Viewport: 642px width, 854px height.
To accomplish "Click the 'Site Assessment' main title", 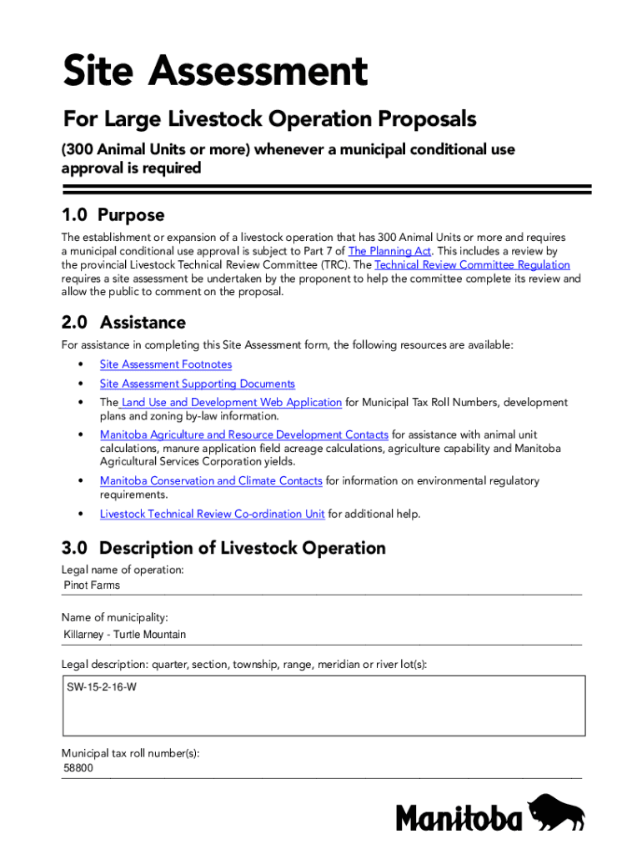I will pos(215,72).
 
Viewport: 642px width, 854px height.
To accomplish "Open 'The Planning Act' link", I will pos(389,251).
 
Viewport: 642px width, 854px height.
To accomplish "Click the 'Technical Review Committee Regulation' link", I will pos(473,265).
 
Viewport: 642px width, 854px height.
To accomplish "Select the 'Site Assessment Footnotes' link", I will pos(166,364).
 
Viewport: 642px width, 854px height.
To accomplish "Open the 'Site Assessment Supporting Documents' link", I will pos(198,384).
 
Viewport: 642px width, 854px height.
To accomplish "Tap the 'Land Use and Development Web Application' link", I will pos(231,403).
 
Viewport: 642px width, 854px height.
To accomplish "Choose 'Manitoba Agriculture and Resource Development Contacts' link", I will pos(244,435).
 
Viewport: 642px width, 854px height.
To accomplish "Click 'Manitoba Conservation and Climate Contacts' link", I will pos(211,481).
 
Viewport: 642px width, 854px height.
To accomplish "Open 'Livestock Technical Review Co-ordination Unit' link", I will pos(213,514).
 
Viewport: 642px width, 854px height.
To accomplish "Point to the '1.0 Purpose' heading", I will pos(113,215).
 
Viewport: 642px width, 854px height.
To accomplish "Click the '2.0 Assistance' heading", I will pos(123,322).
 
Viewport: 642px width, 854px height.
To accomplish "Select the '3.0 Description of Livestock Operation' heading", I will pos(223,548).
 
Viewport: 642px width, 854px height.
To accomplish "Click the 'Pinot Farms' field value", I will pos(92,585).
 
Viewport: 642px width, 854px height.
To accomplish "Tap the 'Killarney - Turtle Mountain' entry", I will pos(125,635).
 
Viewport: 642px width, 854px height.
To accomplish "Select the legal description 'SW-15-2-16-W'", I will pos(102,688).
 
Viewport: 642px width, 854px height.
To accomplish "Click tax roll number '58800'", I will pos(78,768).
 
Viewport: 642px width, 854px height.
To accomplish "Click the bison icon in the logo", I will pos(557,812).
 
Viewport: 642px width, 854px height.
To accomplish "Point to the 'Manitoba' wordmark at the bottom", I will pos(459,817).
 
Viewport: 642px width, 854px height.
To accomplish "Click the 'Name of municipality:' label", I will pos(115,618).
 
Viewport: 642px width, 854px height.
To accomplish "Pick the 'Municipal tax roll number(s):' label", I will pos(131,753).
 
